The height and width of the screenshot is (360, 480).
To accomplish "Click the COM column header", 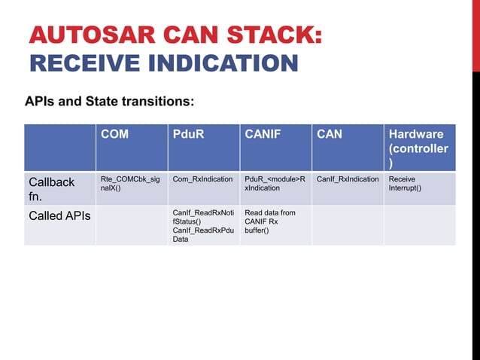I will tap(115, 135).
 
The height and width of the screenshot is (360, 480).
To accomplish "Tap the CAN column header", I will tap(330, 135).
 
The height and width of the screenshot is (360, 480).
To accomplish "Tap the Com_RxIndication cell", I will tap(202, 179).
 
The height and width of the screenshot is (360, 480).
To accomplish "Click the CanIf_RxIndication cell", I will tap(348, 179).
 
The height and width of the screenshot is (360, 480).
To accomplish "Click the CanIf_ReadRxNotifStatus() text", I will tap(202, 218).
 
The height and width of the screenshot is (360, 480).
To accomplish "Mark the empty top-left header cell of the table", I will tap(60, 148).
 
